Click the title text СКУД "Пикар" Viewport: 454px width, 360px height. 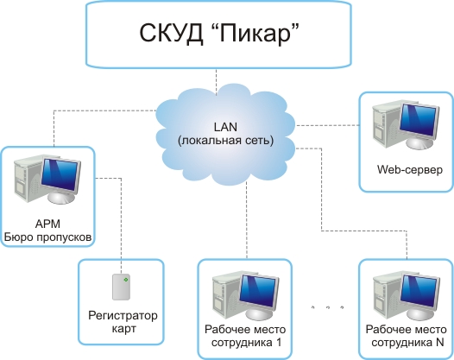[219, 33]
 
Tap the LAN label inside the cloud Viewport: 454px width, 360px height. [225, 127]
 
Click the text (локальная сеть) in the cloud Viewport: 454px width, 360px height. [225, 141]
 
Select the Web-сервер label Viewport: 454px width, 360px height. [410, 169]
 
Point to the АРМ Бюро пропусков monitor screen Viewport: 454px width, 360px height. [60, 174]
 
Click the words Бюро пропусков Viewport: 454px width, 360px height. [48, 237]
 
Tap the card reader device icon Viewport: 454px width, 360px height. [121, 287]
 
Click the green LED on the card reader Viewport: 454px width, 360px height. [126, 280]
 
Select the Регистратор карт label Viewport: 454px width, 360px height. [123, 322]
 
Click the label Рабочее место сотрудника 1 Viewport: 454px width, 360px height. [245, 336]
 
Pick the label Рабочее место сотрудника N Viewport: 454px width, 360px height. [406, 336]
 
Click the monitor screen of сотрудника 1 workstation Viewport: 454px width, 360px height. [258, 290]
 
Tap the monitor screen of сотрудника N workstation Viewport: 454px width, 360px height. [419, 290]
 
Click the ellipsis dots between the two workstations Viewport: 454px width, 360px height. [327, 307]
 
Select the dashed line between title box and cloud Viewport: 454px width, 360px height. [216, 82]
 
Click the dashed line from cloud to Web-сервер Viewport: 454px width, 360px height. [327, 125]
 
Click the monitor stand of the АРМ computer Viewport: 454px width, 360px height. [61, 197]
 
